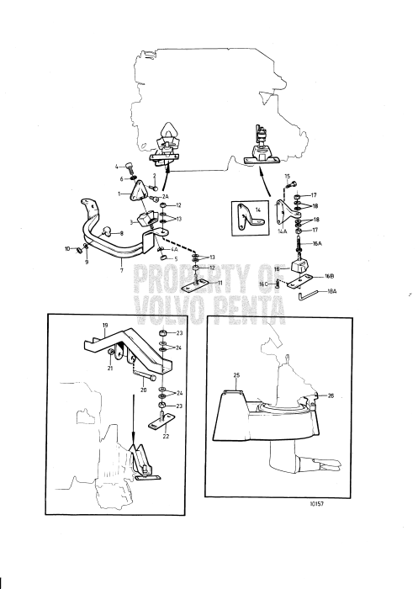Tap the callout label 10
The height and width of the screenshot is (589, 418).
tap(67, 248)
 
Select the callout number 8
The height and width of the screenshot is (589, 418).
tap(121, 233)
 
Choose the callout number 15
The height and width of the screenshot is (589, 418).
tap(287, 176)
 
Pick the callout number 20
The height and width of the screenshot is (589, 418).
tap(144, 390)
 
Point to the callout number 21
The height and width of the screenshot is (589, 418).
tap(110, 368)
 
